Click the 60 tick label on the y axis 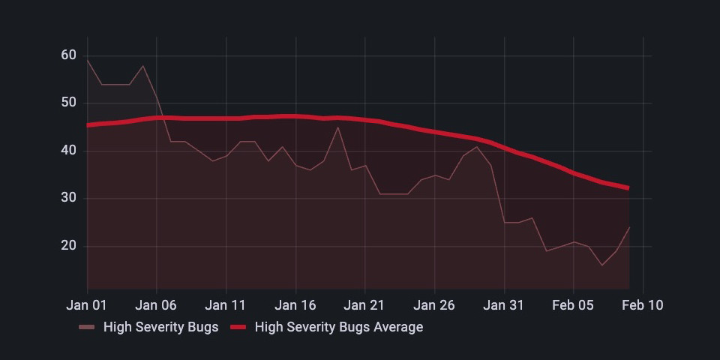point(68,55)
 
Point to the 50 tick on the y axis point(68,103)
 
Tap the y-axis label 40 point(68,151)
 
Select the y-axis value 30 point(68,199)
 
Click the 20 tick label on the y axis point(68,246)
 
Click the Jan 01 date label point(87,305)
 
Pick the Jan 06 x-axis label point(157,305)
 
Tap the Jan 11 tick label point(226,305)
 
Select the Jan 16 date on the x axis point(295,305)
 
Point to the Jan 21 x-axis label point(365,305)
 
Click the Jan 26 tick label point(435,305)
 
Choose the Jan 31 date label point(504,305)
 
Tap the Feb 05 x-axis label point(574,305)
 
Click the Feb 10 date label point(643,305)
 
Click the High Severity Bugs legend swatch point(87,327)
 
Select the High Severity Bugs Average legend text point(339,327)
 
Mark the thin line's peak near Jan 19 point(337,127)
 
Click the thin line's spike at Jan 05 point(143,65)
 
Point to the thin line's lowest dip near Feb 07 point(601,265)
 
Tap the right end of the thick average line point(628,188)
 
